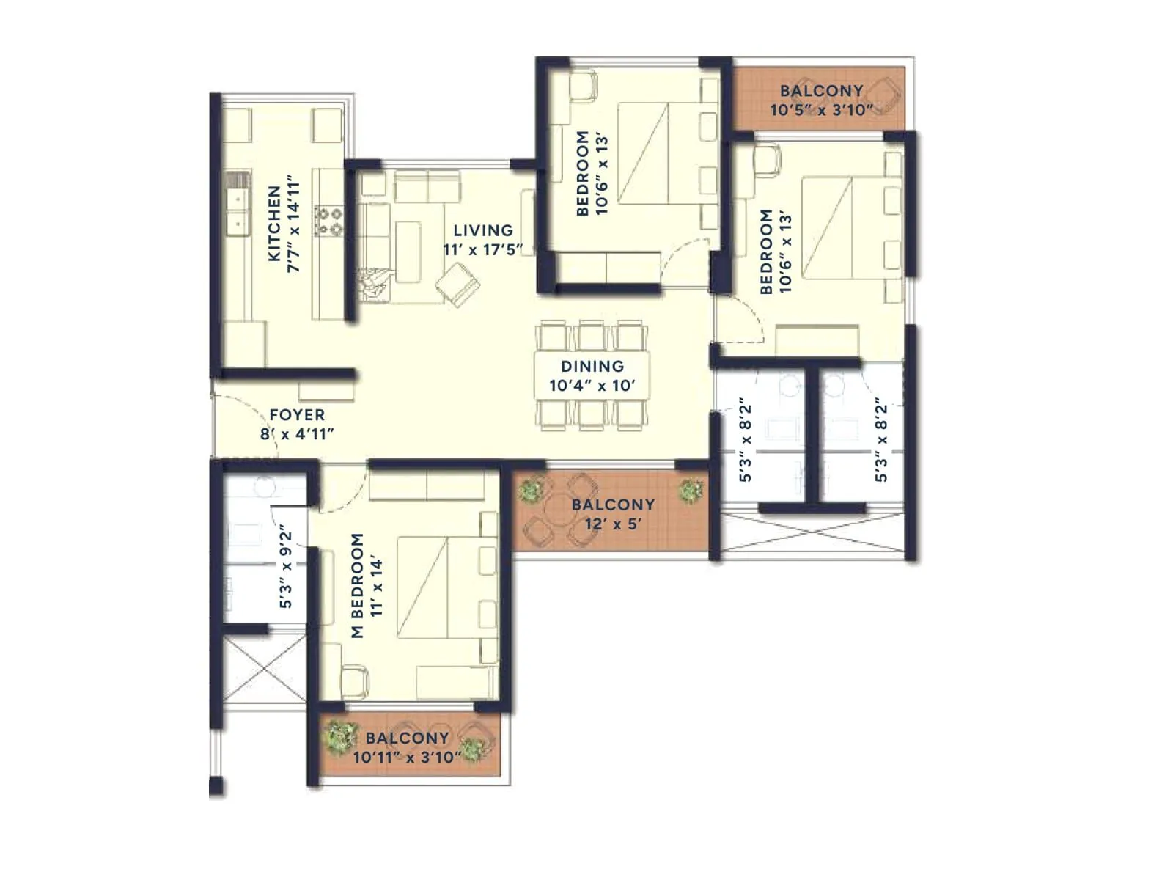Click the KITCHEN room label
(x=274, y=224)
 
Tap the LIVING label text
(x=482, y=230)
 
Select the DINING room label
(x=592, y=366)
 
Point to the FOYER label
(x=297, y=415)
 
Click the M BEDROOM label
(x=358, y=585)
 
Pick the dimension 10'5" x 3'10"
(x=821, y=111)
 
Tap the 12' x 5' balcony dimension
(x=613, y=524)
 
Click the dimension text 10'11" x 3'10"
(x=407, y=757)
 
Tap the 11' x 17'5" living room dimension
(x=482, y=249)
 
